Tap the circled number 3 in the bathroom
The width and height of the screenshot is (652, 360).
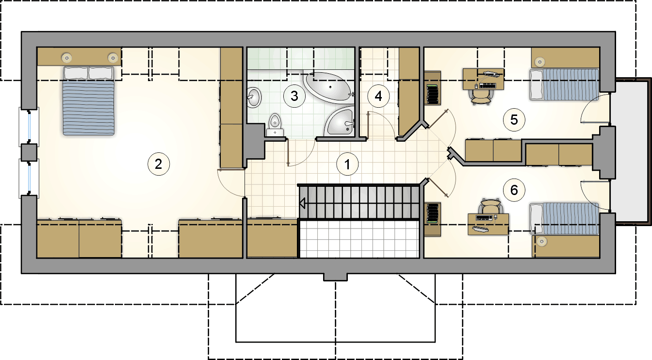point(294,95)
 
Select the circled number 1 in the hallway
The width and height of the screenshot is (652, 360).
point(347,164)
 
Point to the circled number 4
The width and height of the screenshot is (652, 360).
point(378,96)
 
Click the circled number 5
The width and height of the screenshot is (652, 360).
point(514,120)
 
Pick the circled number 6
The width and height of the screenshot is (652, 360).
point(514,190)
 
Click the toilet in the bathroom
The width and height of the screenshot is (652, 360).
point(275,124)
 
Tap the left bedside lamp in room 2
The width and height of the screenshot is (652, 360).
point(66,57)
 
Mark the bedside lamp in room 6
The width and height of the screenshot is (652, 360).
point(542,241)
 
